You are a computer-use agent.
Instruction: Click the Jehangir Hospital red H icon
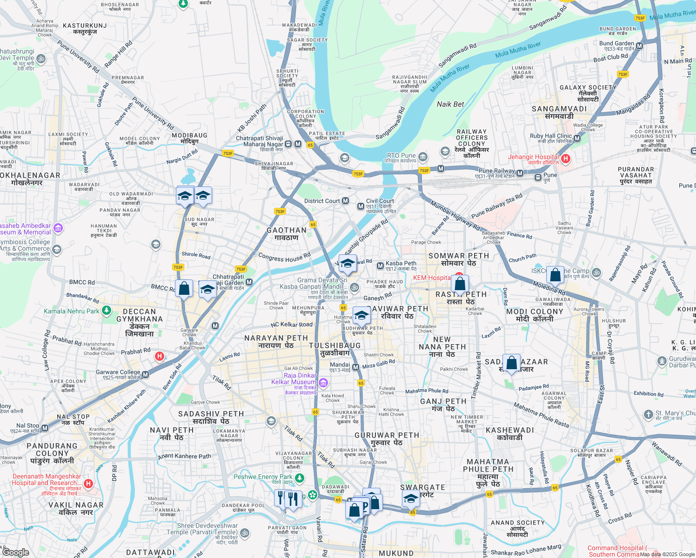tap(566, 159)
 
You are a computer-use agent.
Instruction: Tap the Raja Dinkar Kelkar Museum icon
tap(323, 383)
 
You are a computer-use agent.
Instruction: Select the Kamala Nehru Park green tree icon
tap(107, 310)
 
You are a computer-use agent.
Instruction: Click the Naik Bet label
tap(450, 104)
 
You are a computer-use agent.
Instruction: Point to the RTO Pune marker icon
tap(422, 156)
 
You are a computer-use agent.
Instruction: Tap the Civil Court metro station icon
tap(361, 206)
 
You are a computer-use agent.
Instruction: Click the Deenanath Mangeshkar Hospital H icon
tap(88, 484)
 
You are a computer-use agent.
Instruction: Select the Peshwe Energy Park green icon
tap(300, 478)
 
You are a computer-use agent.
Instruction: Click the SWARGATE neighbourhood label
tap(422, 487)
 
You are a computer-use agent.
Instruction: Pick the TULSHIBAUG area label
tap(335, 345)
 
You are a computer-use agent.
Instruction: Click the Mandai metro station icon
tap(356, 367)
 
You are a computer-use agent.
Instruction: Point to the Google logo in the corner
tap(15, 552)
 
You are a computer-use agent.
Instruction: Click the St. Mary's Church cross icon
tap(648, 414)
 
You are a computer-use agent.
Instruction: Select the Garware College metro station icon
tap(146, 375)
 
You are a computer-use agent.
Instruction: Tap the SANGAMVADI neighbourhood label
tap(559, 109)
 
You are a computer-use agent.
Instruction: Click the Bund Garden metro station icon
tap(640, 46)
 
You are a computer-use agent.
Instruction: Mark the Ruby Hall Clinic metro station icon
tap(577, 139)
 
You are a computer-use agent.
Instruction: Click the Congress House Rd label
tap(284, 257)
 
